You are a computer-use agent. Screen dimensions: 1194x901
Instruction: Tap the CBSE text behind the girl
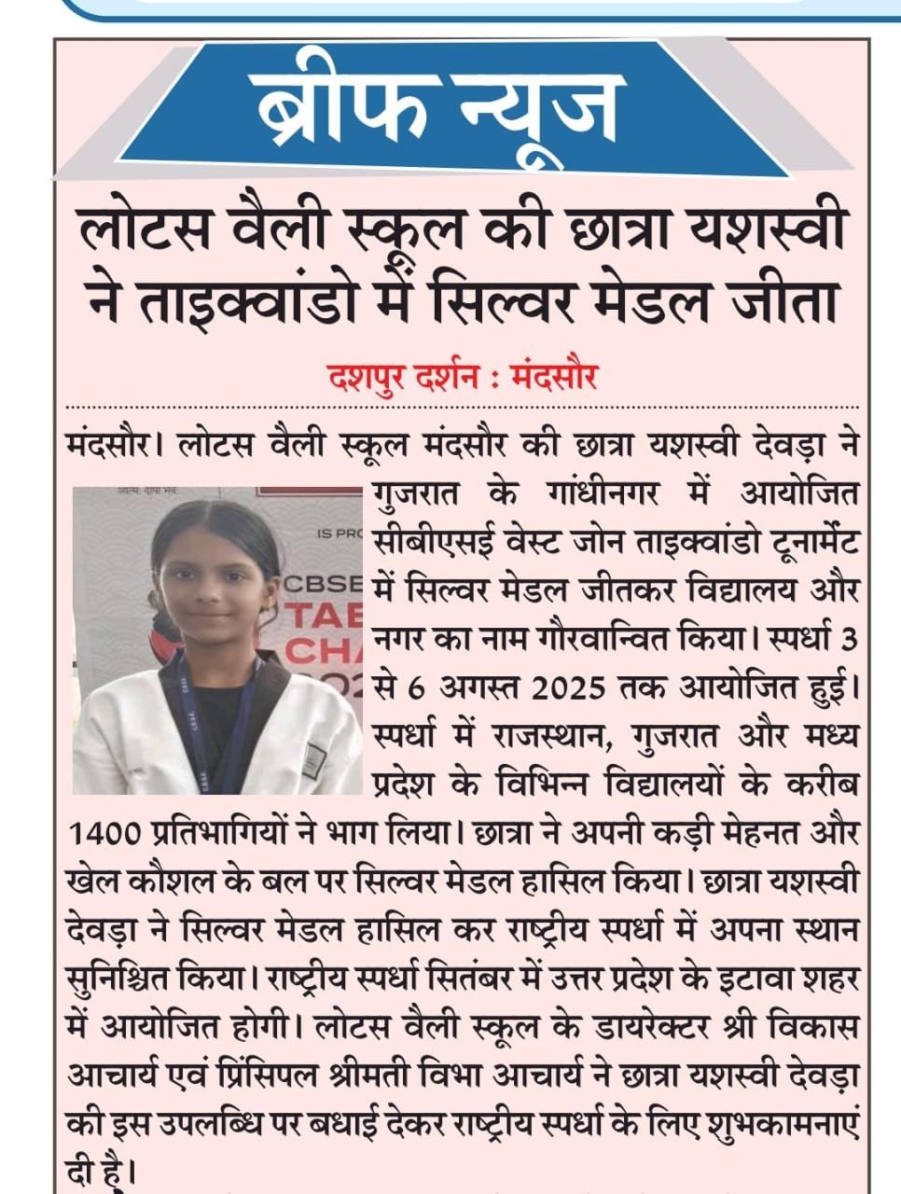(x=322, y=586)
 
